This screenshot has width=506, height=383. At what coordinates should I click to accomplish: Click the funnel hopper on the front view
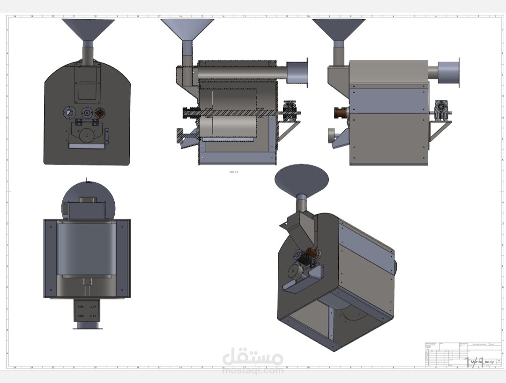coord(88,29)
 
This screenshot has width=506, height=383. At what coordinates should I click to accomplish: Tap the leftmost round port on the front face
coord(69,113)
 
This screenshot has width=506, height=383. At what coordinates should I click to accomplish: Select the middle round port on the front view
coord(87,113)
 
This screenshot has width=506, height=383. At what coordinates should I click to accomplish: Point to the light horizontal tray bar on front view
coord(87,146)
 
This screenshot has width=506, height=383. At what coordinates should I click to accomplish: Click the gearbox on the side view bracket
coord(441,108)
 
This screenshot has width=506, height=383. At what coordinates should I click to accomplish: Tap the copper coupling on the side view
coord(340,113)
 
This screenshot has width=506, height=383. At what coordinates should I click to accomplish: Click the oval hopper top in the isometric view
coord(301,179)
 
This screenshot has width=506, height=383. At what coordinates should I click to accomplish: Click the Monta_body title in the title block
coord(482,361)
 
